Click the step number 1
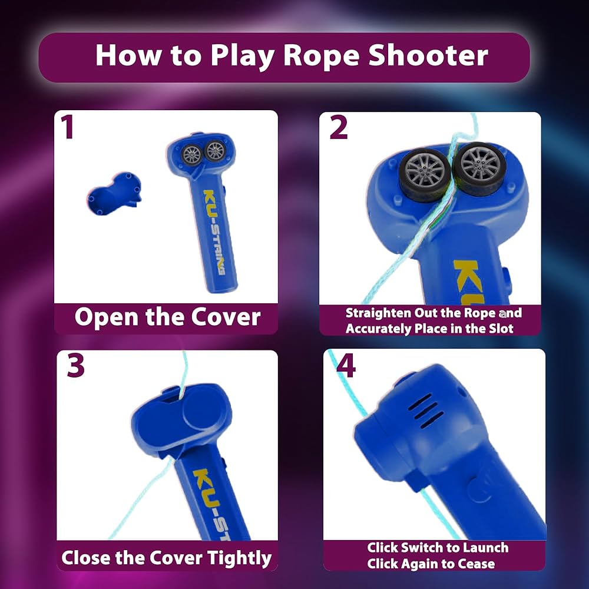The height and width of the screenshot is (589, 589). pos(67,127)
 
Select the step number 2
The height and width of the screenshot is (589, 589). pos(339,127)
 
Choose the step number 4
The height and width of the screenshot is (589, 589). pos(346,366)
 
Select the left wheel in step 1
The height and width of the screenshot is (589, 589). pos(192,154)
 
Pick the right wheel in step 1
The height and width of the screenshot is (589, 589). pos(215,151)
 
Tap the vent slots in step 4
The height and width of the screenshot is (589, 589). pos(426,411)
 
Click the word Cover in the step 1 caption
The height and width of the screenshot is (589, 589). pos(226,317)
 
